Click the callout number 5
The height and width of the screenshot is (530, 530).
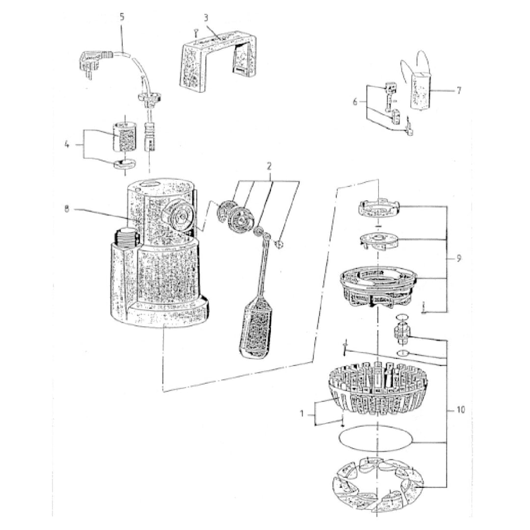coord(122,17)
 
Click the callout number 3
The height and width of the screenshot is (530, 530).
coord(206,17)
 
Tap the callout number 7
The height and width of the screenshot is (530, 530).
coord(459,91)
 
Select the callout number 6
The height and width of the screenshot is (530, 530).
coord(355,102)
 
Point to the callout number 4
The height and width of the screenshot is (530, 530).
coord(67,145)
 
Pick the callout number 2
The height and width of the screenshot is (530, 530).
coord(269,166)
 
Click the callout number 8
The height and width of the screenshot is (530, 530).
coord(67,209)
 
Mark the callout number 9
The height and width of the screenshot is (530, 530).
coord(459,259)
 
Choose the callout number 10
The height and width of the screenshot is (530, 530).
coord(461,410)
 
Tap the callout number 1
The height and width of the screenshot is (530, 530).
coord(302,413)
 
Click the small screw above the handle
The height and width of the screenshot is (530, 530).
coord(195,33)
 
